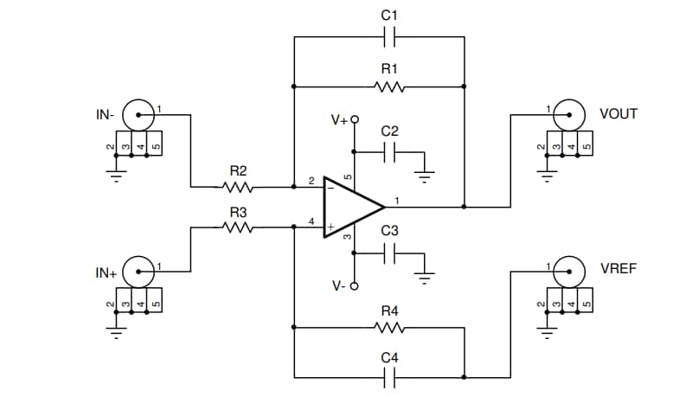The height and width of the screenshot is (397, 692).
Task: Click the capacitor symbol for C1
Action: click(389, 38)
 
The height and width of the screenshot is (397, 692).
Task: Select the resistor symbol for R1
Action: click(389, 86)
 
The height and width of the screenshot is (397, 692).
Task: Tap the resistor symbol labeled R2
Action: click(238, 186)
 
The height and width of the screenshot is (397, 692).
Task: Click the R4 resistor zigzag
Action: click(389, 328)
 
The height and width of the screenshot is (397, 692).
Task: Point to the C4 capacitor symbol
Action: click(389, 376)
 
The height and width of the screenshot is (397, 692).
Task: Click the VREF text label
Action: click(618, 269)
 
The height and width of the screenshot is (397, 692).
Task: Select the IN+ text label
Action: click(106, 273)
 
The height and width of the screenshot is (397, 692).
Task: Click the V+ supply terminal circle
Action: click(354, 121)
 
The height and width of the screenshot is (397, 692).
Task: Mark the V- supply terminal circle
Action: click(354, 286)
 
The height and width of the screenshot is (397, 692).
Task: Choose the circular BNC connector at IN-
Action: click(138, 112)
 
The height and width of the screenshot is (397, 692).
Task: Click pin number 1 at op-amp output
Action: click(396, 201)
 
